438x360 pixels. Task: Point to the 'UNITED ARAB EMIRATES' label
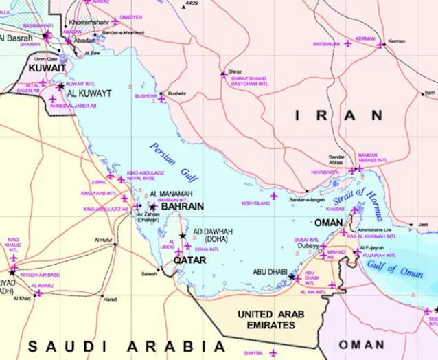click(270, 319)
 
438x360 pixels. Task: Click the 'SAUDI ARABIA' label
click(126, 346)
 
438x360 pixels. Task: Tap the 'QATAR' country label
click(189, 261)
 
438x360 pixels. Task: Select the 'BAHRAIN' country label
click(182, 206)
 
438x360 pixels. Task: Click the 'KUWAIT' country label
click(47, 69)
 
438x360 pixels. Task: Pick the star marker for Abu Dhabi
click(291, 277)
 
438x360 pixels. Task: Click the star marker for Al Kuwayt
click(60, 87)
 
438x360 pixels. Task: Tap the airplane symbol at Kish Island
click(274, 196)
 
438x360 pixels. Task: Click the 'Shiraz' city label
click(235, 71)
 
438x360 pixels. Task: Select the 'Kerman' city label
click(396, 41)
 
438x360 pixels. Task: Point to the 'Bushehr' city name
click(177, 93)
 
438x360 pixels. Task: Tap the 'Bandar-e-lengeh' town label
click(306, 200)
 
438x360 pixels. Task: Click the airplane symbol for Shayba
click(273, 352)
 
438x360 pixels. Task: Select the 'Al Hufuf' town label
click(102, 239)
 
